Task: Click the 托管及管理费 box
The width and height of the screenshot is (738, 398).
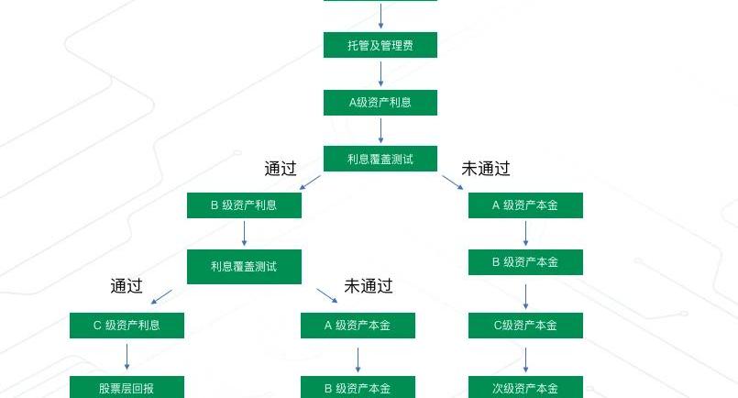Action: tap(380, 45)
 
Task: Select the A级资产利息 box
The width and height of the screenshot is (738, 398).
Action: tap(380, 102)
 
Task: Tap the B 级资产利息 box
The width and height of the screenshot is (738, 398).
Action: tap(244, 205)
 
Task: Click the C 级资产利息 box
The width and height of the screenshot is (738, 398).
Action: tap(127, 326)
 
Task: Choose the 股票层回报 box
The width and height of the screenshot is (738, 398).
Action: tap(127, 387)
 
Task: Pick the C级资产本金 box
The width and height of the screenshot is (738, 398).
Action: tap(525, 326)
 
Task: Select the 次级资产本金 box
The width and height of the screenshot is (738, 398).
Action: tap(525, 387)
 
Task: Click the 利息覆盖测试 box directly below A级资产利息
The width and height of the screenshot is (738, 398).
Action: tap(380, 159)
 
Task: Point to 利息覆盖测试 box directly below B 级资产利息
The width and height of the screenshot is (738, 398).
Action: tap(244, 267)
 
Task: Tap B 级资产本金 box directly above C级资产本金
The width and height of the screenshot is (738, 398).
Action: tap(525, 262)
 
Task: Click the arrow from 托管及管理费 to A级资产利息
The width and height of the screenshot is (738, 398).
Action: tap(380, 73)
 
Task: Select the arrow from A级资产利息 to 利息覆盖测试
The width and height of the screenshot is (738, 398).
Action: tap(380, 130)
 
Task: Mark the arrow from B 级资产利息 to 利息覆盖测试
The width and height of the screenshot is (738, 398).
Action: tap(244, 234)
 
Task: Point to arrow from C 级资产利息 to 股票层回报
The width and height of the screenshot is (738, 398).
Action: tap(127, 357)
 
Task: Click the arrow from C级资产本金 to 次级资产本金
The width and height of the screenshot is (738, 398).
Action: tap(525, 360)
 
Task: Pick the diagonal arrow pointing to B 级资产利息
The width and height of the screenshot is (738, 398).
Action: tap(310, 182)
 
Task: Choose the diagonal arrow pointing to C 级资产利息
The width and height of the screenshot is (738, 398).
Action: tap(161, 297)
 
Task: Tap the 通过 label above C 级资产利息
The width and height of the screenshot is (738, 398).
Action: tap(127, 286)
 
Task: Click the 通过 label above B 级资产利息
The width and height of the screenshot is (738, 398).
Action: tap(281, 168)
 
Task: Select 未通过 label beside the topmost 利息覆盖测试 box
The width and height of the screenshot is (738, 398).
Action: tap(486, 168)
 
